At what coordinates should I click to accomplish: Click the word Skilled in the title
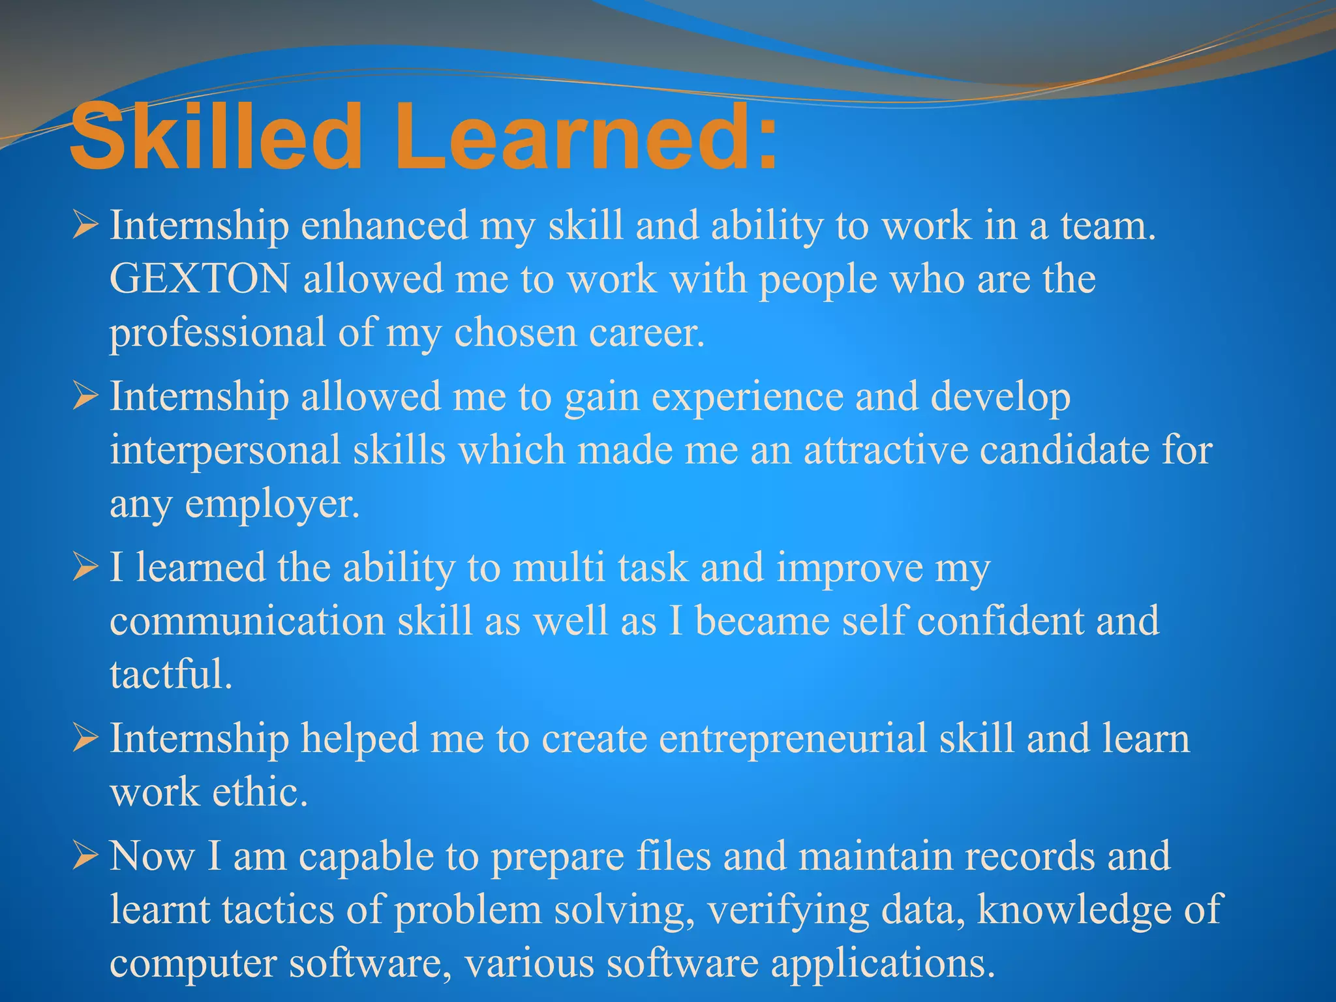(215, 138)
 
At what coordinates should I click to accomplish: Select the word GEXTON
(200, 279)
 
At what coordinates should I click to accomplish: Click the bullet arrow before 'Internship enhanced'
(85, 226)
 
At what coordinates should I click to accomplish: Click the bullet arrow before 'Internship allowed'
(85, 397)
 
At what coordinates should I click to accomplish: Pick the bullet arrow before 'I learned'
(85, 568)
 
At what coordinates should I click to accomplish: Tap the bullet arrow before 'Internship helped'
(85, 738)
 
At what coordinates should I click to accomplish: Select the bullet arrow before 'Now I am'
(85, 856)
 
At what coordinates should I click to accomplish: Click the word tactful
(171, 675)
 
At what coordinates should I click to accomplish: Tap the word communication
(247, 621)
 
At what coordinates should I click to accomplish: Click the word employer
(272, 505)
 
